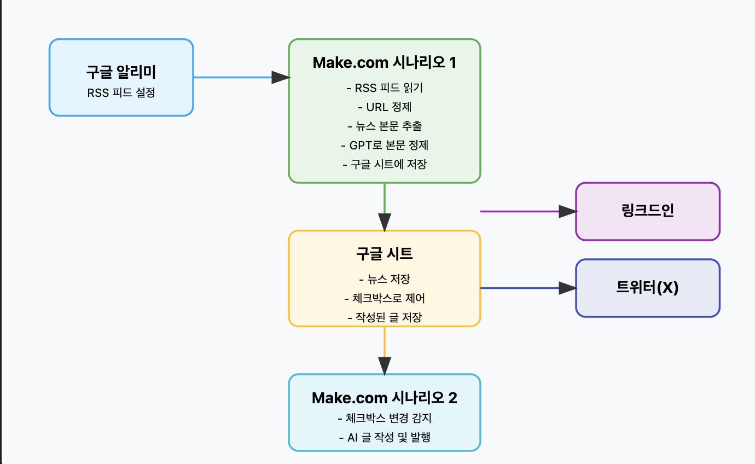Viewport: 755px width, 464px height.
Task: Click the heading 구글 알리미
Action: point(121,72)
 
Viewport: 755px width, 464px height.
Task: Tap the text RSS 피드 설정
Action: point(121,92)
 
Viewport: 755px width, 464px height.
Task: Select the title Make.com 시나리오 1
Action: point(384,63)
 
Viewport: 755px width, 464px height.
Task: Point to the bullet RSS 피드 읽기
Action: point(384,88)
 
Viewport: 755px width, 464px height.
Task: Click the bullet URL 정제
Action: point(384,107)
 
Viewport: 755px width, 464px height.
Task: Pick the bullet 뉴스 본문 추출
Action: point(384,126)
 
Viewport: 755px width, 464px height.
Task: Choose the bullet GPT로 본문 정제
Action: point(384,145)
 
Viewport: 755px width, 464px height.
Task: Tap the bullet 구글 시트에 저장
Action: point(384,164)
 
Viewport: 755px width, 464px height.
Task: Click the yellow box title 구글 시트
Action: point(384,253)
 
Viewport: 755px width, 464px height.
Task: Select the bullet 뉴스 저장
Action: point(384,280)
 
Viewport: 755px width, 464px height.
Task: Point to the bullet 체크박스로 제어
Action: point(384,298)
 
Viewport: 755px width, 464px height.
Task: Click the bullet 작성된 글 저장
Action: point(384,317)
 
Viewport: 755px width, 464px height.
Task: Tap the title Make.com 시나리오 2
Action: point(384,398)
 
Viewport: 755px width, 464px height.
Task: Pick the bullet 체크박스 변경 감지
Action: point(384,419)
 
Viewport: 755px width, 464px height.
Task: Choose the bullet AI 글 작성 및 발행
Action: point(384,437)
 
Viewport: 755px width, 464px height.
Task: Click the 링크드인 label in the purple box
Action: point(648,211)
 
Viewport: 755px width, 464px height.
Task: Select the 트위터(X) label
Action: point(648,288)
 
